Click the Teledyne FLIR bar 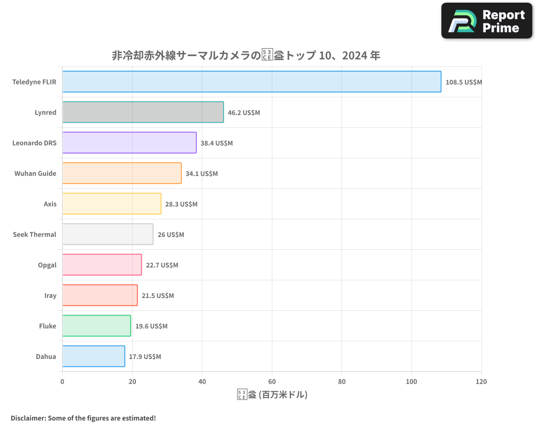click(251, 82)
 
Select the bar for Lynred click(143, 112)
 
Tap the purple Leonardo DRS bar click(129, 143)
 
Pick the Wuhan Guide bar click(122, 173)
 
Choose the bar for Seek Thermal click(108, 234)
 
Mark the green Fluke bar click(96, 326)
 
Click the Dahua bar click(94, 356)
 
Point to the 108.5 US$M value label click(464, 82)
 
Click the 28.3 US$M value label click(181, 204)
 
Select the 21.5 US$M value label click(158, 295)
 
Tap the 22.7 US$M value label click(162, 265)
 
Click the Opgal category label click(47, 265)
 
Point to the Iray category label click(50, 295)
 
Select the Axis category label click(50, 204)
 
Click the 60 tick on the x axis click(272, 381)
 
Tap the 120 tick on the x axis click(481, 381)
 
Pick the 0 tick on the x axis click(63, 381)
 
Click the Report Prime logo click(487, 21)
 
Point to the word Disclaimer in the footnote click(28, 418)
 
